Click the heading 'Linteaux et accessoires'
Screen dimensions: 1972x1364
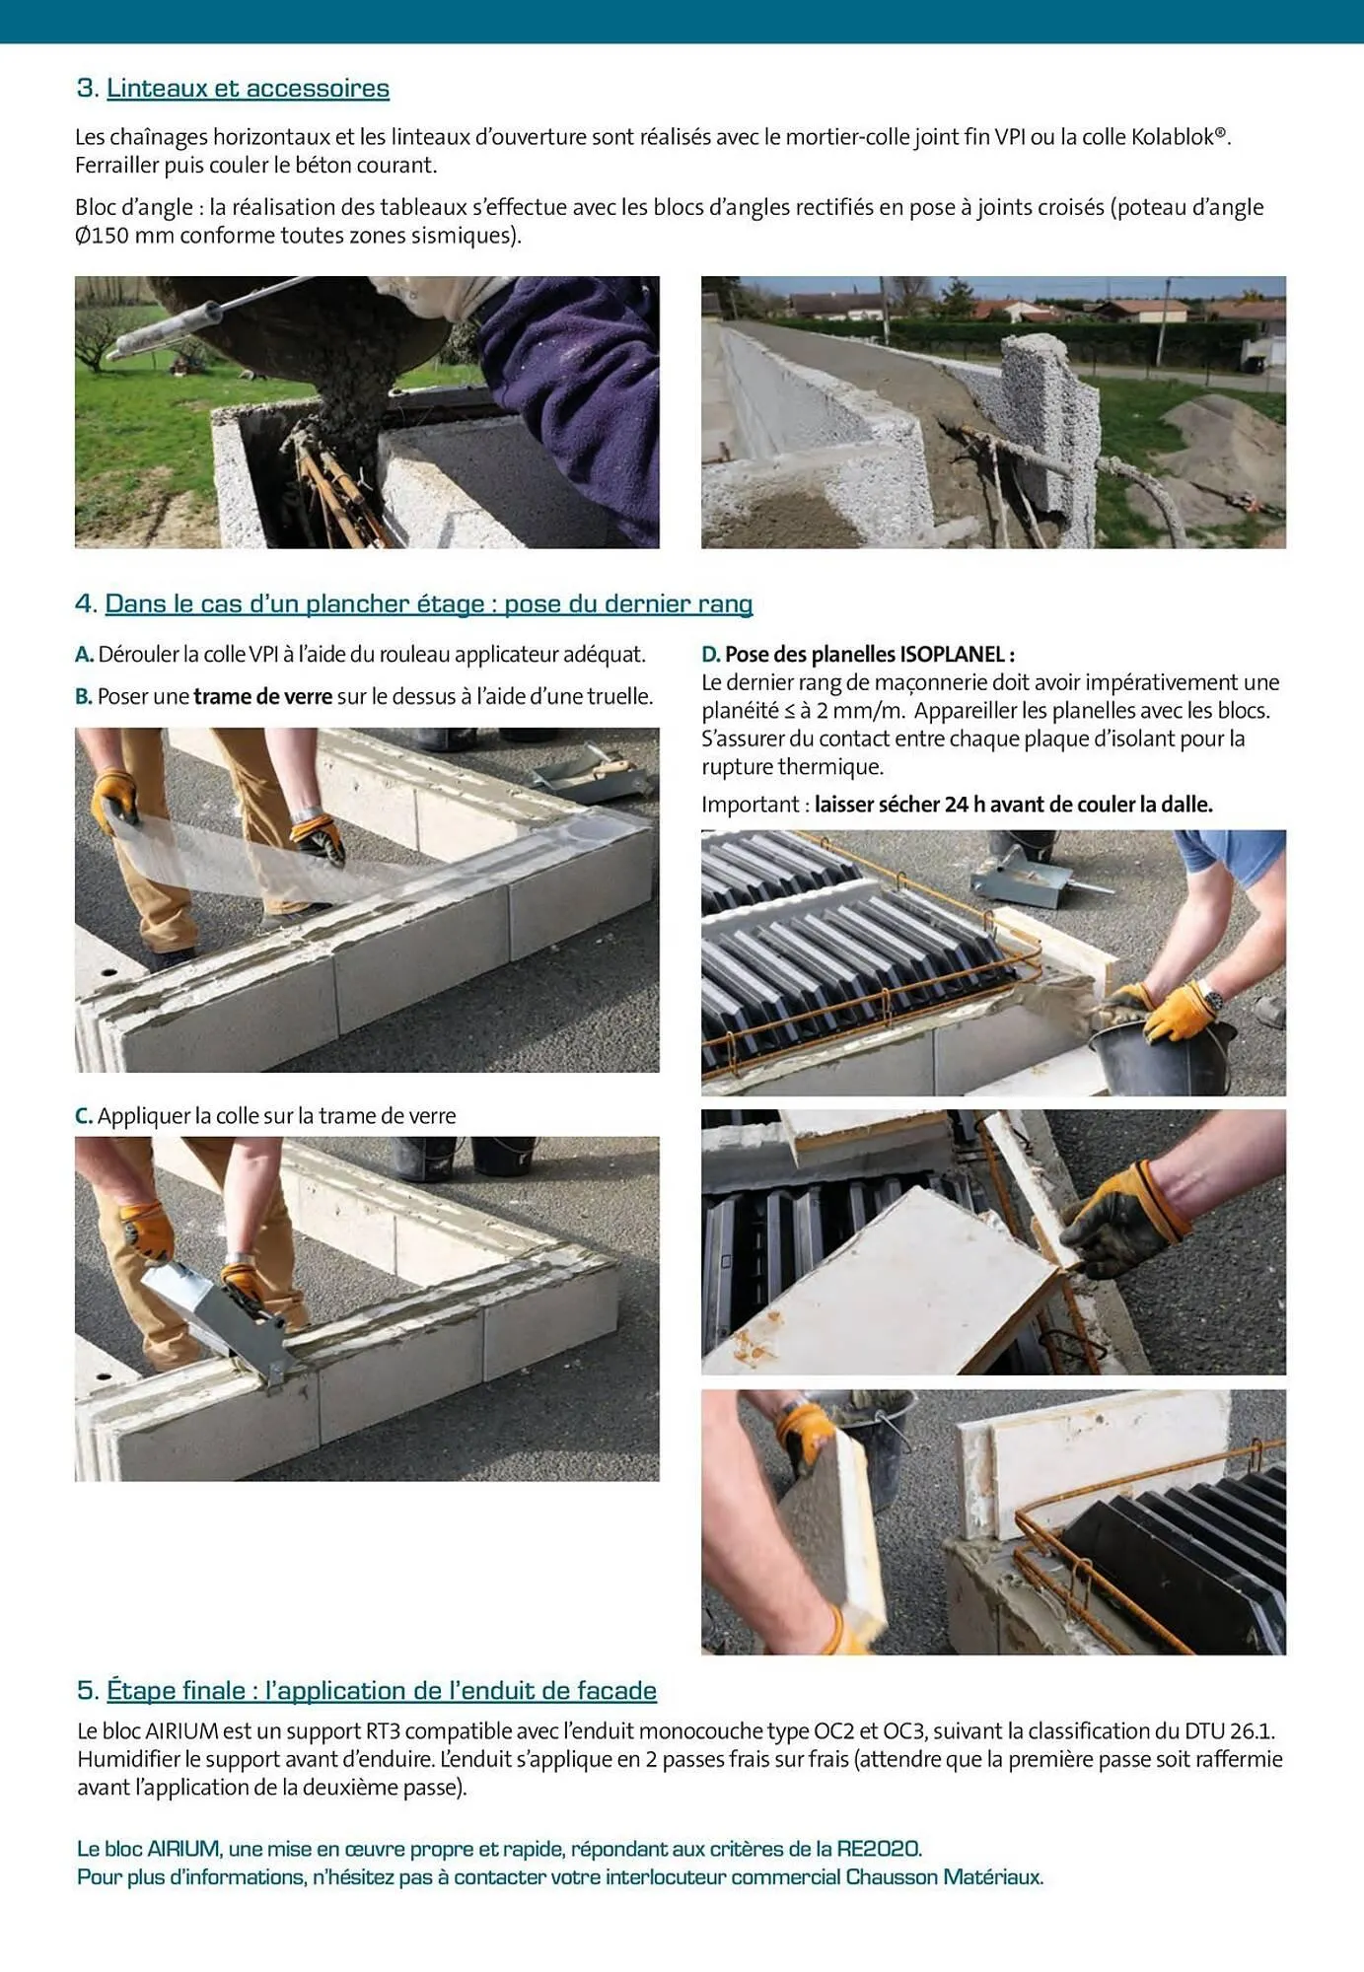(248, 89)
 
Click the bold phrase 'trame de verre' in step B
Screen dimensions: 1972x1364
(262, 696)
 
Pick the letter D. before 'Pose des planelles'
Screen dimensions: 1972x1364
(710, 655)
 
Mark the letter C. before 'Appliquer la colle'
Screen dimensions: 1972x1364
(84, 1116)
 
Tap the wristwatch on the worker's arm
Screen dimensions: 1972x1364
(1209, 998)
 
